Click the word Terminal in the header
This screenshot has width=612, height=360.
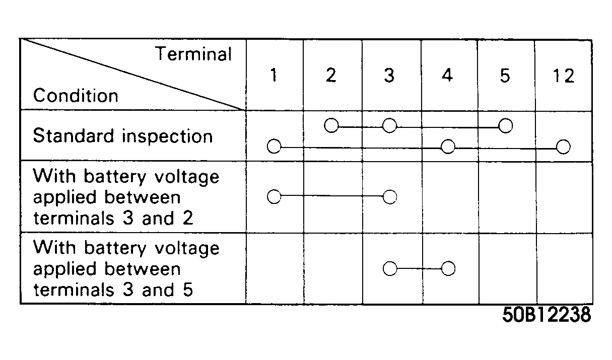click(193, 54)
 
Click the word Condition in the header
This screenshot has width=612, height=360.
click(76, 96)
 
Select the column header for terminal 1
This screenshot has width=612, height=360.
click(274, 75)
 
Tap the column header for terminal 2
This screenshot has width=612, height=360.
click(331, 75)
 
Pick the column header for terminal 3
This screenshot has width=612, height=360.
click(389, 75)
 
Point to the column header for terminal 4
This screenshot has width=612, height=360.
click(447, 75)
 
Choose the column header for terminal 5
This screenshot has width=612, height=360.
click(505, 76)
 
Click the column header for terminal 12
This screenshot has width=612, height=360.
click(564, 76)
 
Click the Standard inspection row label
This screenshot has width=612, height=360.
click(123, 135)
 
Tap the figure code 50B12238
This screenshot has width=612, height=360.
click(547, 315)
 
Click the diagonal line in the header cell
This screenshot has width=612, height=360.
click(133, 75)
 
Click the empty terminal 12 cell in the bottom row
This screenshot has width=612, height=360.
click(565, 268)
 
